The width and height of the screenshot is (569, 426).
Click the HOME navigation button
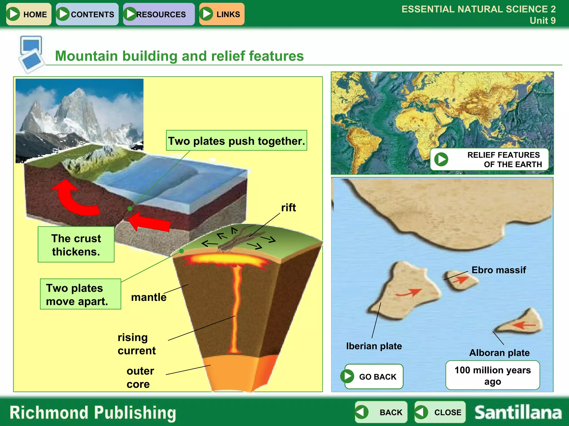[29, 14]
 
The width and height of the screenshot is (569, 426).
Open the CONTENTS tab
[87, 14]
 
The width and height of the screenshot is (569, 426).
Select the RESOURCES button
[159, 14]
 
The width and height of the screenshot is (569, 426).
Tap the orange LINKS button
[222, 14]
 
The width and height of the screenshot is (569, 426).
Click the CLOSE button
[440, 412]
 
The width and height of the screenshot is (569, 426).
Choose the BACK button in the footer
[381, 412]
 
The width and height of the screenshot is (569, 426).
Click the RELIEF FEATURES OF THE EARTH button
[489, 159]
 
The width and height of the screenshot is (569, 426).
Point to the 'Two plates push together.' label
[236, 141]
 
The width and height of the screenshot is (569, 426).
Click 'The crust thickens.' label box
[76, 245]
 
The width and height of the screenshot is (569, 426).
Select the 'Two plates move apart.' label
[80, 294]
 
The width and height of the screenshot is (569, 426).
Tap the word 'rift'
[288, 208]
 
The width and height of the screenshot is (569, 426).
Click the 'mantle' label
[149, 297]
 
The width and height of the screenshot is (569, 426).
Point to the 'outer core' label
[140, 377]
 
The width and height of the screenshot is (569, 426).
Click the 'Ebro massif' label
[498, 270]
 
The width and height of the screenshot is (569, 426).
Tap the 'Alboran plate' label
[499, 353]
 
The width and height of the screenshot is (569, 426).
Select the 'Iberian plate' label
[374, 346]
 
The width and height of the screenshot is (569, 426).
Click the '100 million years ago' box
[492, 376]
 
